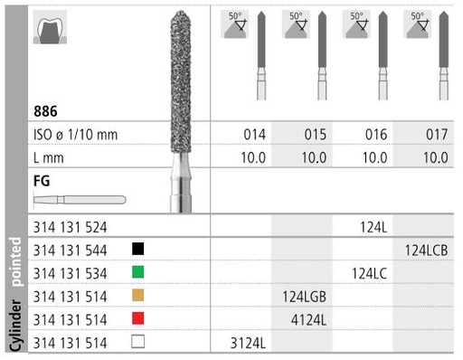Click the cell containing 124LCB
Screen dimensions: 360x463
click(x=429, y=247)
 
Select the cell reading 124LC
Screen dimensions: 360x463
click(x=369, y=270)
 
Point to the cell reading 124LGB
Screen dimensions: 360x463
click(x=307, y=295)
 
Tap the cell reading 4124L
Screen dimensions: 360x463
click(x=308, y=318)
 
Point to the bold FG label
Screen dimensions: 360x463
click(x=43, y=180)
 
